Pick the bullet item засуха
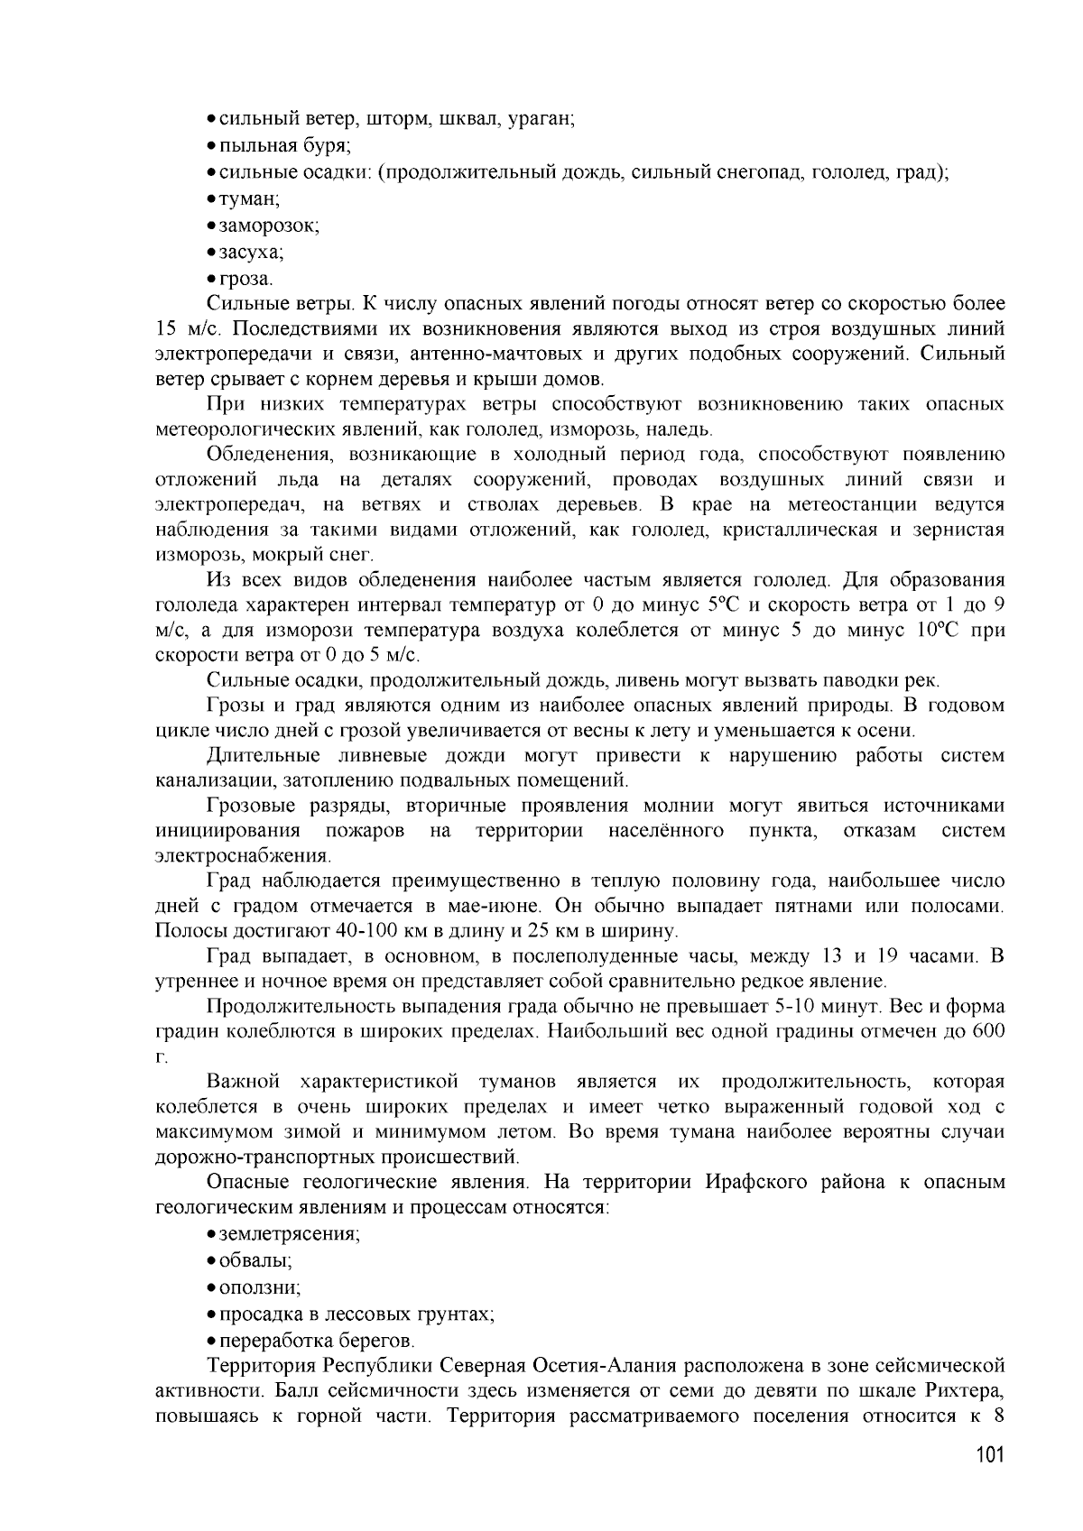click(252, 252)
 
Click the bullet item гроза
click(245, 279)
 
